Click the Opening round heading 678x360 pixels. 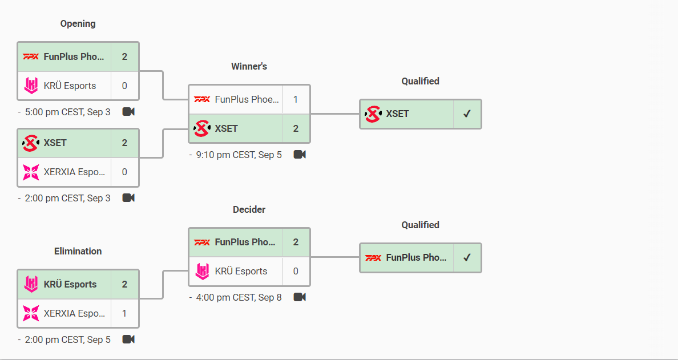pyautogui.click(x=78, y=23)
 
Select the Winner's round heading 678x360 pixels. pyautogui.click(x=249, y=66)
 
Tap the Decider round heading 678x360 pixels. pyautogui.click(x=249, y=209)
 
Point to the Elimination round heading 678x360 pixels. pyautogui.click(x=78, y=251)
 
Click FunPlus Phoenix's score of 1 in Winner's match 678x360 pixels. pyautogui.click(x=296, y=99)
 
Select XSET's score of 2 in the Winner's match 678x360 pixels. pyautogui.click(x=296, y=128)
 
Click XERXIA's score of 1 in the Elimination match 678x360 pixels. pyautogui.click(x=124, y=313)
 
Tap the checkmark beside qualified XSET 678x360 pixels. pyautogui.click(x=467, y=114)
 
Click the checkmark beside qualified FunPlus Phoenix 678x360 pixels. pyautogui.click(x=467, y=257)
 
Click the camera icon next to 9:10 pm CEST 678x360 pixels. pyautogui.click(x=300, y=154)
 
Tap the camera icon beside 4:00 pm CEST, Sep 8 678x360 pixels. pyautogui.click(x=300, y=297)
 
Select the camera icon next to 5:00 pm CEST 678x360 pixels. pyautogui.click(x=128, y=111)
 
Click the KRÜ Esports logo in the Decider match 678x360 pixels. pyautogui.click(x=202, y=272)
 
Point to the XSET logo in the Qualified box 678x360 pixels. pyautogui.click(x=373, y=114)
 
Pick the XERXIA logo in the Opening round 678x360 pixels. pyautogui.click(x=31, y=172)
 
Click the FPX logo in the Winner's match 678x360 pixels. pyautogui.click(x=202, y=99)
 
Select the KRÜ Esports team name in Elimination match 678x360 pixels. pyautogui.click(x=70, y=284)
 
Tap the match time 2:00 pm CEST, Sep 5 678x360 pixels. pyautogui.click(x=67, y=339)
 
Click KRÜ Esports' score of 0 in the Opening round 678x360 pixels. pyautogui.click(x=124, y=86)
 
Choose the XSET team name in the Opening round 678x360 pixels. pyautogui.click(x=55, y=143)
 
